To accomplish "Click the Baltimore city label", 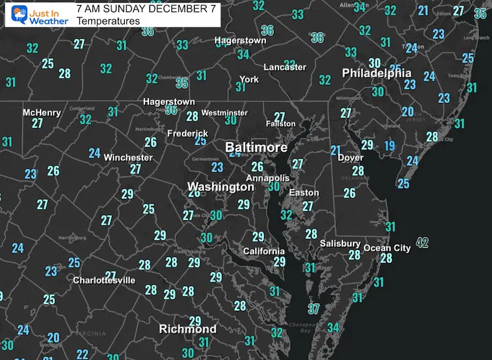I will (x=256, y=148).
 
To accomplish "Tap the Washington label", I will (x=220, y=187).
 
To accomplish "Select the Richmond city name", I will (x=188, y=328).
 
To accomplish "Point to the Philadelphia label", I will (x=377, y=73).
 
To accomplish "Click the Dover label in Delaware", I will (x=350, y=157).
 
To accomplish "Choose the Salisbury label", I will (x=340, y=243).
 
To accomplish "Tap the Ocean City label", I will (x=387, y=248).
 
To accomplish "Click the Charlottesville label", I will (x=104, y=280).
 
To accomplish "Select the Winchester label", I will (x=128, y=157).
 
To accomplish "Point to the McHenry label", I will (x=41, y=113).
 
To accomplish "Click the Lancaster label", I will (x=285, y=67).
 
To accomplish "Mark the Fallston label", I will (x=281, y=124).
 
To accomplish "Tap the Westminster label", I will (x=224, y=113).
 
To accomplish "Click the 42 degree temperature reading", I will (x=422, y=243).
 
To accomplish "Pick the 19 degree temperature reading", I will (x=389, y=146).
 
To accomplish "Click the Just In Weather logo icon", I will (x=16, y=14).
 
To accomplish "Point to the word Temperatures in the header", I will (x=107, y=21).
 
